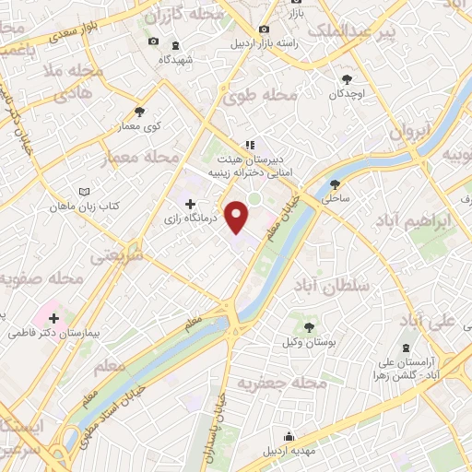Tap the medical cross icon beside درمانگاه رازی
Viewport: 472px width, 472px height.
click(x=190, y=204)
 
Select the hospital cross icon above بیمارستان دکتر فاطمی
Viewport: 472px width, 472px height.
click(x=54, y=316)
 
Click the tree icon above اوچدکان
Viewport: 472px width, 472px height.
click(x=348, y=79)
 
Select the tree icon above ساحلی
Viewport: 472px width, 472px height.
click(x=335, y=183)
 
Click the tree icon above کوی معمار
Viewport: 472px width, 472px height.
click(x=139, y=111)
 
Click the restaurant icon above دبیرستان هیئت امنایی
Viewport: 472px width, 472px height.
click(x=248, y=145)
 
